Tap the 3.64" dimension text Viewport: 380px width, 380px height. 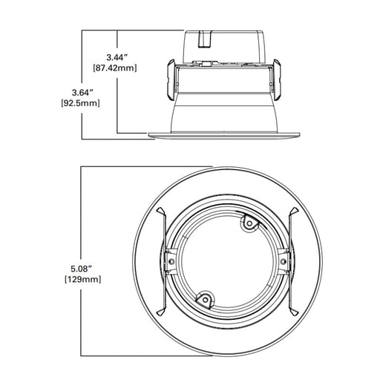pyautogui.click(x=82, y=92)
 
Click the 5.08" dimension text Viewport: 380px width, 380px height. pyautogui.click(x=82, y=268)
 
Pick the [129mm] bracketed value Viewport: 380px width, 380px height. pyautogui.click(x=83, y=280)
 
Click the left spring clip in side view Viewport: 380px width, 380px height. pyautogui.click(x=169, y=79)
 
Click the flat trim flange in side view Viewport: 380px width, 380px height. pyautogui.click(x=226, y=134)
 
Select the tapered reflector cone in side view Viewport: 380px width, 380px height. pyautogui.click(x=226, y=111)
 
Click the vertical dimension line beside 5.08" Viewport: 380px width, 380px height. pyautogui.click(x=81, y=223)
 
